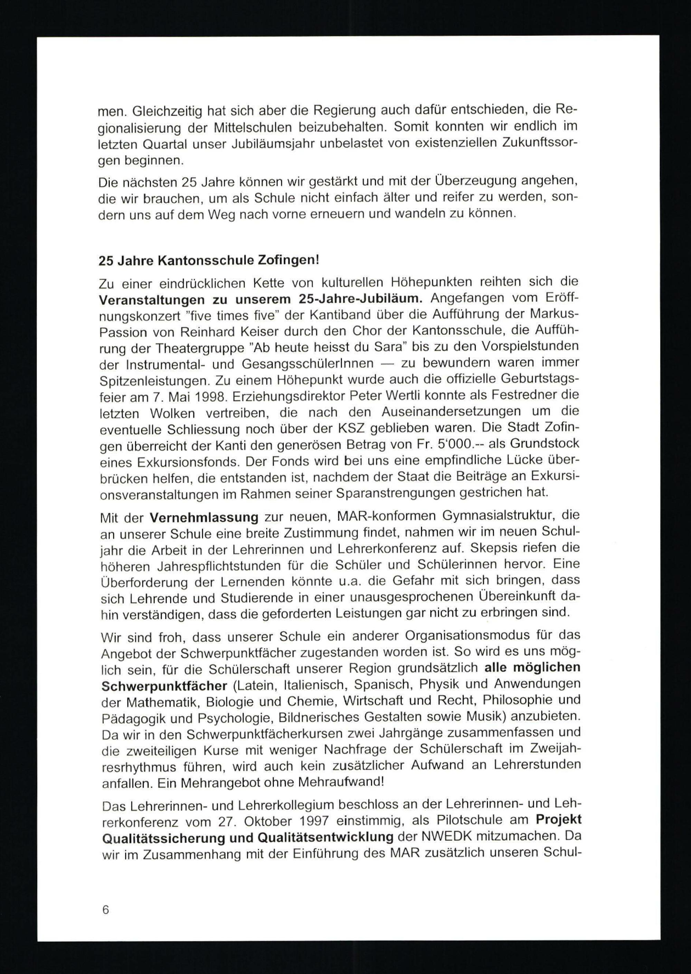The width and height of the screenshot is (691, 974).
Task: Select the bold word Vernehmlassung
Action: (x=204, y=518)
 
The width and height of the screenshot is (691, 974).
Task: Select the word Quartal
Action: (x=164, y=144)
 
